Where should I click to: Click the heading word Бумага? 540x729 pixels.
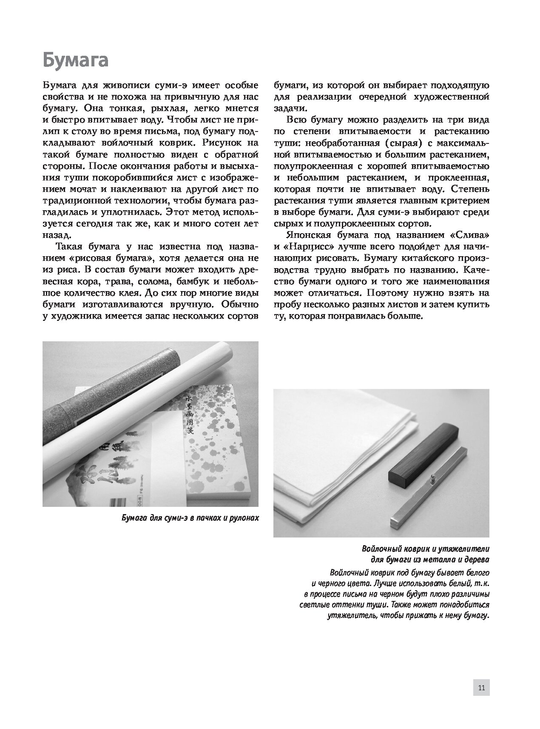coord(75,60)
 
